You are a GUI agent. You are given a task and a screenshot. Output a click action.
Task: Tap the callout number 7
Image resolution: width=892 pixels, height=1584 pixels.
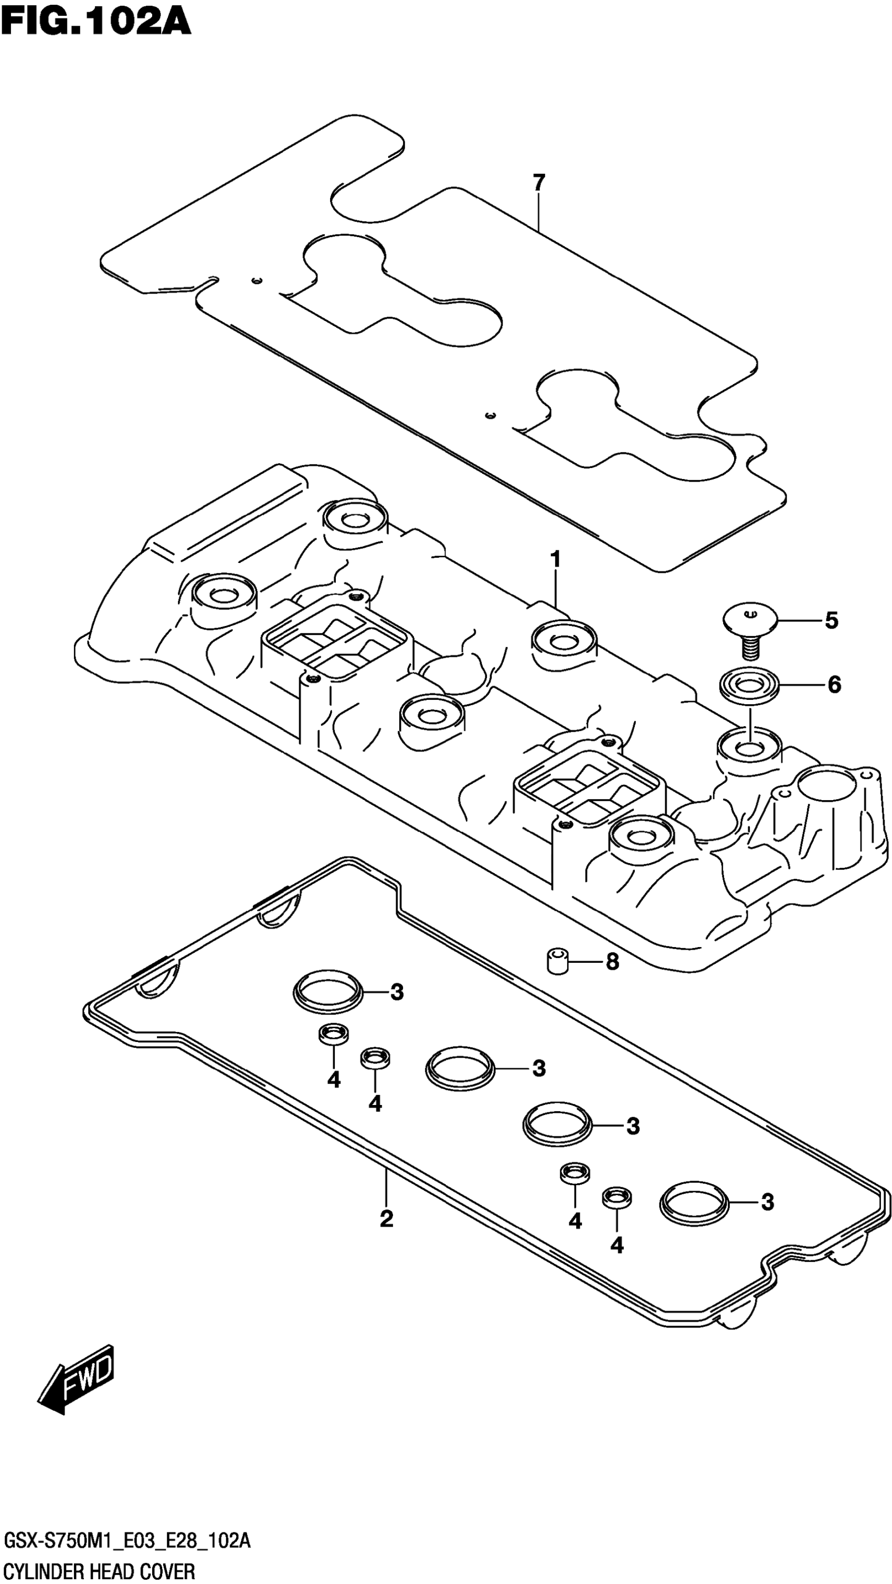pos(538,183)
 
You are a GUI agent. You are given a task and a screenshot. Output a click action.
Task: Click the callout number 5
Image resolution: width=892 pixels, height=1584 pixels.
pos(831,621)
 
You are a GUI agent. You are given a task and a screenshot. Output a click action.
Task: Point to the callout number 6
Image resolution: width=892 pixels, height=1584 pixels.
pos(834,684)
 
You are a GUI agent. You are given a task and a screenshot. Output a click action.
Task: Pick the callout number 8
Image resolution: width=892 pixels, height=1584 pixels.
pos(612,962)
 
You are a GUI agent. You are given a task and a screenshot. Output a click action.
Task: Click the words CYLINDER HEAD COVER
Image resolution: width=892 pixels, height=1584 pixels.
pos(100,1567)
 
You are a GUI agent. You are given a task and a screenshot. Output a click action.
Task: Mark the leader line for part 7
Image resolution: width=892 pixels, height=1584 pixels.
pos(538,212)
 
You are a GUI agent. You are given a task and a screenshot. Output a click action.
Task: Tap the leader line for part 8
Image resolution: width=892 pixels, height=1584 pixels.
pos(585,962)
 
